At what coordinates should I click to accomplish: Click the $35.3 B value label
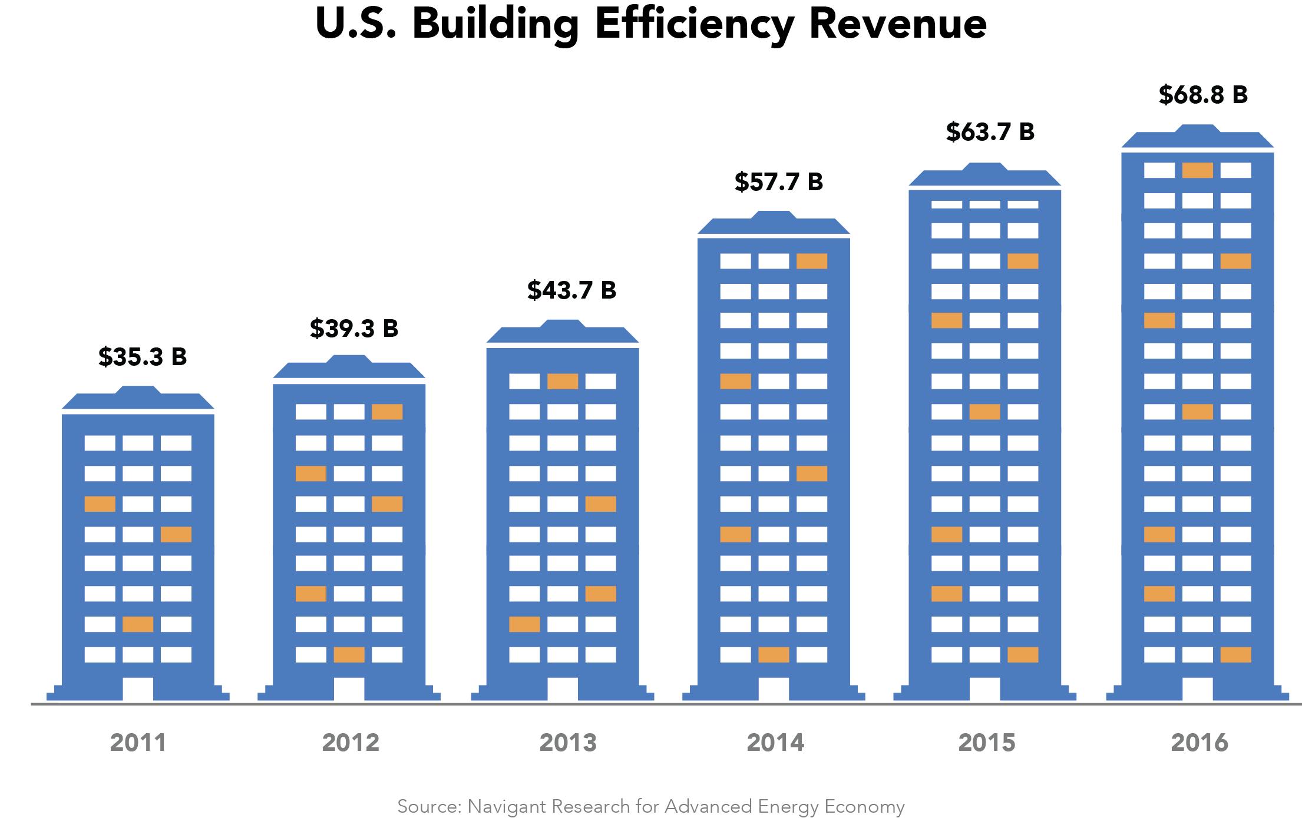point(143,357)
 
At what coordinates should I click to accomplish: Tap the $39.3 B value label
point(354,329)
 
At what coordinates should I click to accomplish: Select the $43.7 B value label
point(571,290)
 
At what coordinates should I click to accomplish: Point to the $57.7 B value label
point(778,182)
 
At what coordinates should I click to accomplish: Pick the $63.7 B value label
point(990,132)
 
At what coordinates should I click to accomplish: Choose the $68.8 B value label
point(1203,95)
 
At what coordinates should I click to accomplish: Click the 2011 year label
point(138,743)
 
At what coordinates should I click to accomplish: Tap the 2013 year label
point(568,743)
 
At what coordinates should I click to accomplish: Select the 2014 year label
point(775,743)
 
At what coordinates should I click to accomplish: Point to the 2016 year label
point(1199,743)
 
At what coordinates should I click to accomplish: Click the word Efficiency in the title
point(694,25)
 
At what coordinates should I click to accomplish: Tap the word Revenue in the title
point(897,25)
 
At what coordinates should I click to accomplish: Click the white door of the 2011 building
point(138,688)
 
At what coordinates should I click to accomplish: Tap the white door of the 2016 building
point(1198,688)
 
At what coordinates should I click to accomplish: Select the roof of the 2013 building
point(563,333)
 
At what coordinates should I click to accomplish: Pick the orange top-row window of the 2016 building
point(1198,170)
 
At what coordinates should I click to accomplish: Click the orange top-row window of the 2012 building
point(387,412)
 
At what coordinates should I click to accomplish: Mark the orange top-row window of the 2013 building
point(563,381)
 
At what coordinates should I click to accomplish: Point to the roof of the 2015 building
point(985,176)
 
